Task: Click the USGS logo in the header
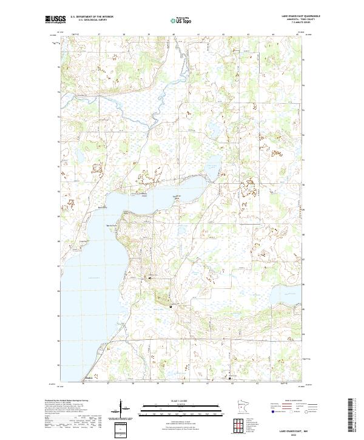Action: click(x=55, y=20)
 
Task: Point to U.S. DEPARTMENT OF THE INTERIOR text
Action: click(x=93, y=17)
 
